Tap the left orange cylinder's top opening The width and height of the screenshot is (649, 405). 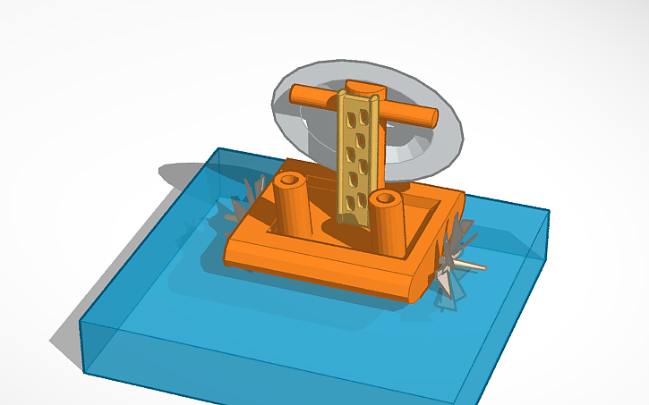pyautogui.click(x=289, y=181)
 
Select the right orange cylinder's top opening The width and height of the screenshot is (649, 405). pyautogui.click(x=387, y=197)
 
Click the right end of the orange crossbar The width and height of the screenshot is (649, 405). pyautogui.click(x=430, y=116)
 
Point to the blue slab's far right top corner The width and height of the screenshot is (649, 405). pyautogui.click(x=548, y=212)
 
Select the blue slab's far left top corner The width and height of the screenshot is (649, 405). pyautogui.click(x=215, y=149)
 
